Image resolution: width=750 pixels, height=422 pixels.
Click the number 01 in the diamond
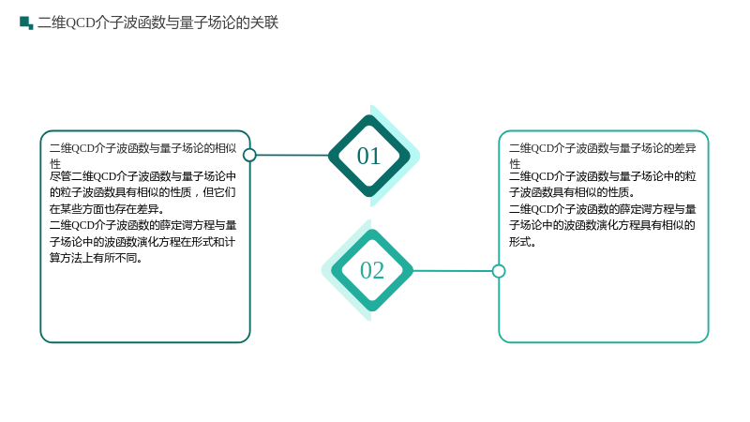(x=368, y=156)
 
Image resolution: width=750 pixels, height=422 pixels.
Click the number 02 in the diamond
(x=372, y=270)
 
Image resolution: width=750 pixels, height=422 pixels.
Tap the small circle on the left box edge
(x=249, y=155)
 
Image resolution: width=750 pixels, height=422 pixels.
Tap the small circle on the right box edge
(x=499, y=271)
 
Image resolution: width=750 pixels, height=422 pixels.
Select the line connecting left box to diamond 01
(x=292, y=155)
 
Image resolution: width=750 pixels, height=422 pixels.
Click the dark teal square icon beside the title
(x=26, y=23)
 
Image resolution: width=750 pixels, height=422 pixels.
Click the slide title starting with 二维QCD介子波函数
(x=157, y=23)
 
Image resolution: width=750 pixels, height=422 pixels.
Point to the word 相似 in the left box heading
(x=226, y=148)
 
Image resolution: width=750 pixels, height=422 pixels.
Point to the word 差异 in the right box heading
(x=685, y=148)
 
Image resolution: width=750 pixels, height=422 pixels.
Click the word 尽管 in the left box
(x=60, y=176)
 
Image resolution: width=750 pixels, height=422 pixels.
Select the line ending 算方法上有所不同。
(x=96, y=258)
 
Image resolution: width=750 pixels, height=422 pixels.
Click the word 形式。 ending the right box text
(x=522, y=242)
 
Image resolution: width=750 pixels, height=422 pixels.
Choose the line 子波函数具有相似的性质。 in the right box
(x=572, y=192)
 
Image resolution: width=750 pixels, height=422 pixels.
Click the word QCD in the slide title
(x=80, y=23)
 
